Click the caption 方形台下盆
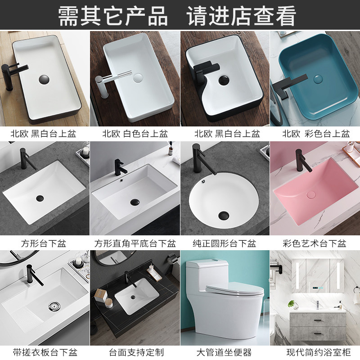pyautogui.click(x=44, y=243)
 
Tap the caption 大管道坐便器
pyautogui.click(x=224, y=352)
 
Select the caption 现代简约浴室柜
pyautogui.click(x=319, y=352)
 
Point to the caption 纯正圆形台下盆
pyautogui.click(x=224, y=243)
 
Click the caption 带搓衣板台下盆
pyautogui.click(x=45, y=352)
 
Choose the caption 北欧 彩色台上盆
pyautogui.click(x=316, y=134)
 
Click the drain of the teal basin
pyautogui.click(x=318, y=79)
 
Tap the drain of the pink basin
pyautogui.click(x=311, y=195)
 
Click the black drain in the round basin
pyautogui.click(x=223, y=215)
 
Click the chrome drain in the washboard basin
pyautogui.click(x=54, y=306)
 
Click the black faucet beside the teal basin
pyautogui.click(x=288, y=86)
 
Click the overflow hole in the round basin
pyautogui.click(x=203, y=182)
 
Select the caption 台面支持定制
pyautogui.click(x=136, y=352)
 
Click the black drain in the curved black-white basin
pyautogui.click(x=224, y=80)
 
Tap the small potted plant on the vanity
pyautogui.click(x=293, y=305)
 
